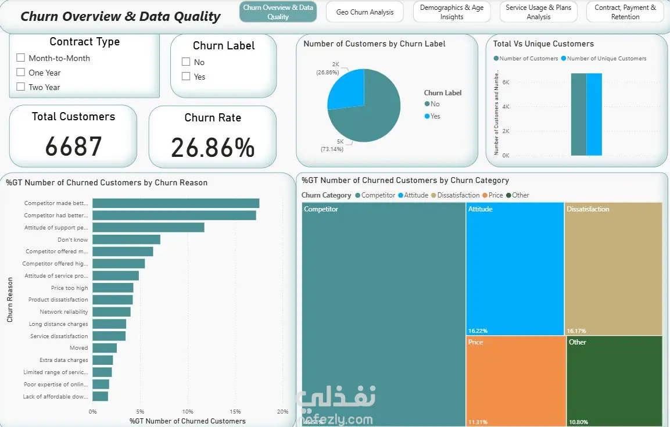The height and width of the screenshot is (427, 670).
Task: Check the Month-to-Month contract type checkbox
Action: point(21,58)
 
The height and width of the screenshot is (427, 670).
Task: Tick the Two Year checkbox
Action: point(21,87)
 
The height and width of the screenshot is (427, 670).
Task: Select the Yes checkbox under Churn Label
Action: point(186,76)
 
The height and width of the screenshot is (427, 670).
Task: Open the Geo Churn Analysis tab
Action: point(364,12)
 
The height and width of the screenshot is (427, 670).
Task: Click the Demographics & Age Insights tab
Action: point(452,12)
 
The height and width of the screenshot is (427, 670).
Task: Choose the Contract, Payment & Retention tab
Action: point(625,12)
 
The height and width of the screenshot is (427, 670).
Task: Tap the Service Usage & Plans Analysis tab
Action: point(538,12)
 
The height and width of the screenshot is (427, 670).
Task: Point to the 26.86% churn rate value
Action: point(213,148)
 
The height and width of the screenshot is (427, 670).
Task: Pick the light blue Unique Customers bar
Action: point(594,114)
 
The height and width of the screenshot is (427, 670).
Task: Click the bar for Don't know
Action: point(126,239)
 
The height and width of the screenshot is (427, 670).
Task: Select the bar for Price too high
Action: point(113,288)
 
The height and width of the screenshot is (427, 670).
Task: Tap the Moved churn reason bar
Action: point(105,348)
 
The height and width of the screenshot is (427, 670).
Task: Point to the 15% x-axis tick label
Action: point(235,412)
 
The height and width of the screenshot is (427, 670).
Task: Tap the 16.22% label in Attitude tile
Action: point(478,331)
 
